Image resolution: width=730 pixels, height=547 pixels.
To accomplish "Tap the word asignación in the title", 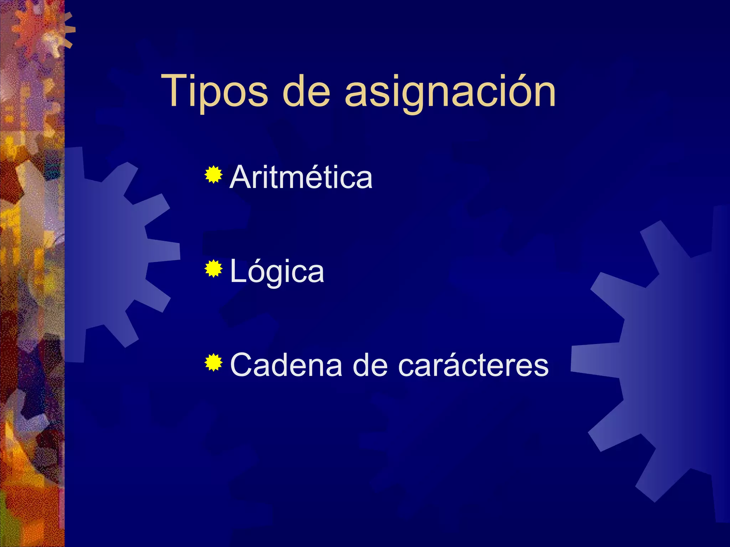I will (x=450, y=92).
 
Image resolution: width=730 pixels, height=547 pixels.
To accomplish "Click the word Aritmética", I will (x=301, y=177).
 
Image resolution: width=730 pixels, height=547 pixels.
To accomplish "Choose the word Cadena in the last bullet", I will (x=286, y=365).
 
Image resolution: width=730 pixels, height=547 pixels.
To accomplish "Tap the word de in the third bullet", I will (x=370, y=365).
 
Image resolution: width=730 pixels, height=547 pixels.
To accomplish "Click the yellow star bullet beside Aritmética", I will (x=214, y=174).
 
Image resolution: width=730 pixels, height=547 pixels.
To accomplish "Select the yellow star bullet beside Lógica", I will (x=214, y=269).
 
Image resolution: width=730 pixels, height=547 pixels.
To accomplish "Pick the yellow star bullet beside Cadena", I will (x=214, y=363).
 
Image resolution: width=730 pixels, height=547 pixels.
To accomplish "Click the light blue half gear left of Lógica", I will (x=107, y=255).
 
